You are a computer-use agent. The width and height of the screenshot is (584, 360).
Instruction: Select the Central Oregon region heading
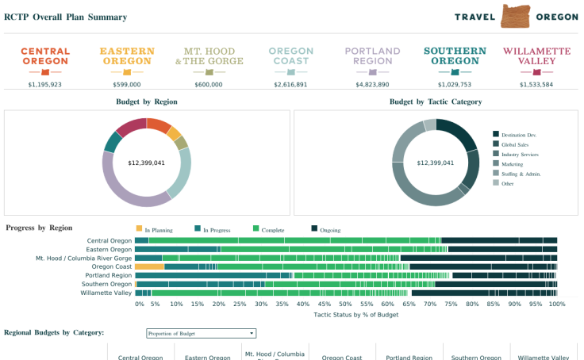[x=45, y=56]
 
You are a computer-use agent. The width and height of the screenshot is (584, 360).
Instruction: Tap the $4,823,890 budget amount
[x=372, y=84]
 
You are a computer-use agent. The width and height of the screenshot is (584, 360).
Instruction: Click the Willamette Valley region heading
[x=536, y=56]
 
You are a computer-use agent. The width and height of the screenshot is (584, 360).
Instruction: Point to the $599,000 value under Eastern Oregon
[x=127, y=84]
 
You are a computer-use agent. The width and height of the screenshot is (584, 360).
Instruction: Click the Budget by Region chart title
[x=147, y=101]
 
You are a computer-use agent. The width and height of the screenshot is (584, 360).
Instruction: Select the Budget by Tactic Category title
[x=436, y=101]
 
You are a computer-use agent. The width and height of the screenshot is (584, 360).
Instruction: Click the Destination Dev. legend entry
[x=521, y=134]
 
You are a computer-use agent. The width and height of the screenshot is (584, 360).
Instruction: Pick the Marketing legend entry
[x=512, y=163]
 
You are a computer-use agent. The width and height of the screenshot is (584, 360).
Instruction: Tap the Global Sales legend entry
[x=515, y=144]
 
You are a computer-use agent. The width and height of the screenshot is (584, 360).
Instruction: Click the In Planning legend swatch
[x=140, y=229]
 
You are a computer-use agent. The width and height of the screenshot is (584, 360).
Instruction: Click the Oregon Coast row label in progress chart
[x=111, y=267]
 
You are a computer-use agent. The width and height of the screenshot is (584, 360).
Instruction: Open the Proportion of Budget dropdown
[x=202, y=334]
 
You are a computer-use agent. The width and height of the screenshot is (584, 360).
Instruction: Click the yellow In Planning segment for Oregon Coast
[x=149, y=266]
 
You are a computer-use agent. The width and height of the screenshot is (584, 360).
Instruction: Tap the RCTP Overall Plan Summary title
[x=65, y=17]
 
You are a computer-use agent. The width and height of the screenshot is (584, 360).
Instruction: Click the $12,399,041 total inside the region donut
[x=146, y=163]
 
